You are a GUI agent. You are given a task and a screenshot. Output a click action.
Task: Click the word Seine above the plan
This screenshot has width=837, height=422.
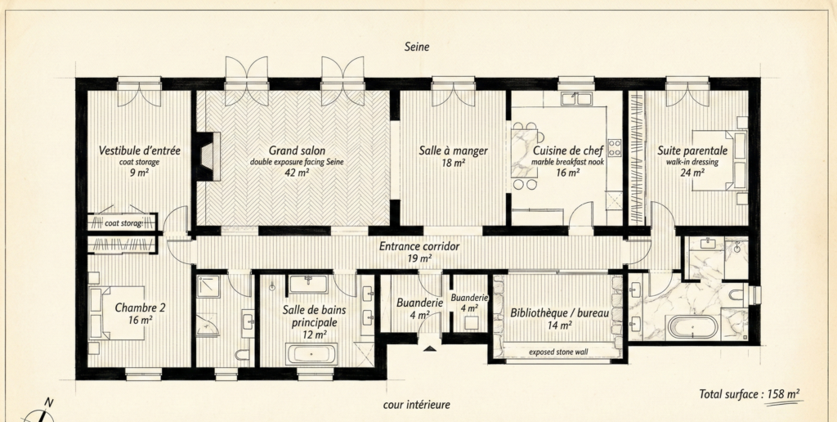[x=416, y=47]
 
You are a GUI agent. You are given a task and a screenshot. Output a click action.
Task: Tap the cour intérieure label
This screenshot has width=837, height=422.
[x=416, y=405]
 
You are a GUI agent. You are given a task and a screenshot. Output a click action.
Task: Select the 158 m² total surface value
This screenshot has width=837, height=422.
[x=784, y=394]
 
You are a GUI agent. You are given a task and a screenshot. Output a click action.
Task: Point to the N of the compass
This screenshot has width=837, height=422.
[x=48, y=402]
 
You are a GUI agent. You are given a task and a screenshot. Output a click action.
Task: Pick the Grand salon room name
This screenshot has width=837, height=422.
[x=297, y=150]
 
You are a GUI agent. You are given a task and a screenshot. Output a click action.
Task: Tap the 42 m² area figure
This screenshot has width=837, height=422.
[x=297, y=172]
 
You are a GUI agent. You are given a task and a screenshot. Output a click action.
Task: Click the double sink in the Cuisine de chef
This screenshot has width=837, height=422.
[x=576, y=98]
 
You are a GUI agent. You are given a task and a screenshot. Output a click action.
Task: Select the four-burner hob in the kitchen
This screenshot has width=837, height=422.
[x=615, y=147]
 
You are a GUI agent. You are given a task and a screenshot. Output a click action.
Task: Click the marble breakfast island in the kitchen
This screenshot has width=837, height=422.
[x=524, y=154]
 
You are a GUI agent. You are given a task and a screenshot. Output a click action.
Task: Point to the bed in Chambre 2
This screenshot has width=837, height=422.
[x=117, y=313]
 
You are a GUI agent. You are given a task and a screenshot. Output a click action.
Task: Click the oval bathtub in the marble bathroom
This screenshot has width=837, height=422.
[x=692, y=326]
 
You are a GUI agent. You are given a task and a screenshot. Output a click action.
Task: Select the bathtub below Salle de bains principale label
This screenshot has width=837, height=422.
[x=311, y=354]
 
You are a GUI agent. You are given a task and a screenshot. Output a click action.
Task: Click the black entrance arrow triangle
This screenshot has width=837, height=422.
[x=430, y=349]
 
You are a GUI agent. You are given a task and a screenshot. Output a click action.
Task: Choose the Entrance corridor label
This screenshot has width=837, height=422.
[x=419, y=247]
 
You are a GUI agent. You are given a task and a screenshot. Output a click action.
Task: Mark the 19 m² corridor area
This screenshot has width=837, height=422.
[x=419, y=259]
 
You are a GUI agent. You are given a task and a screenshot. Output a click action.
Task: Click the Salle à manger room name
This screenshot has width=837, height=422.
[x=453, y=150]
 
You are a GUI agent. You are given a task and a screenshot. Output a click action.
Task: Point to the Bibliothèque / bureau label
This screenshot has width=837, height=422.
[x=559, y=313]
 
